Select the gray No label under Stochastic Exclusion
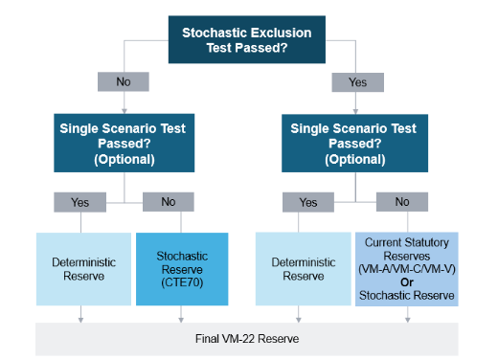coord(124,82)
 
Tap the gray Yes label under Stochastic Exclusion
coord(357,82)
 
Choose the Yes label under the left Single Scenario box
coord(81,202)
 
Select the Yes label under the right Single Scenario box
coord(307,202)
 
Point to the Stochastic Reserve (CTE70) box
coord(181,268)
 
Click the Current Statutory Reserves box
coord(407,268)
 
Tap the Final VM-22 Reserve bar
coord(247,338)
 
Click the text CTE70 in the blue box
coord(181,282)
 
